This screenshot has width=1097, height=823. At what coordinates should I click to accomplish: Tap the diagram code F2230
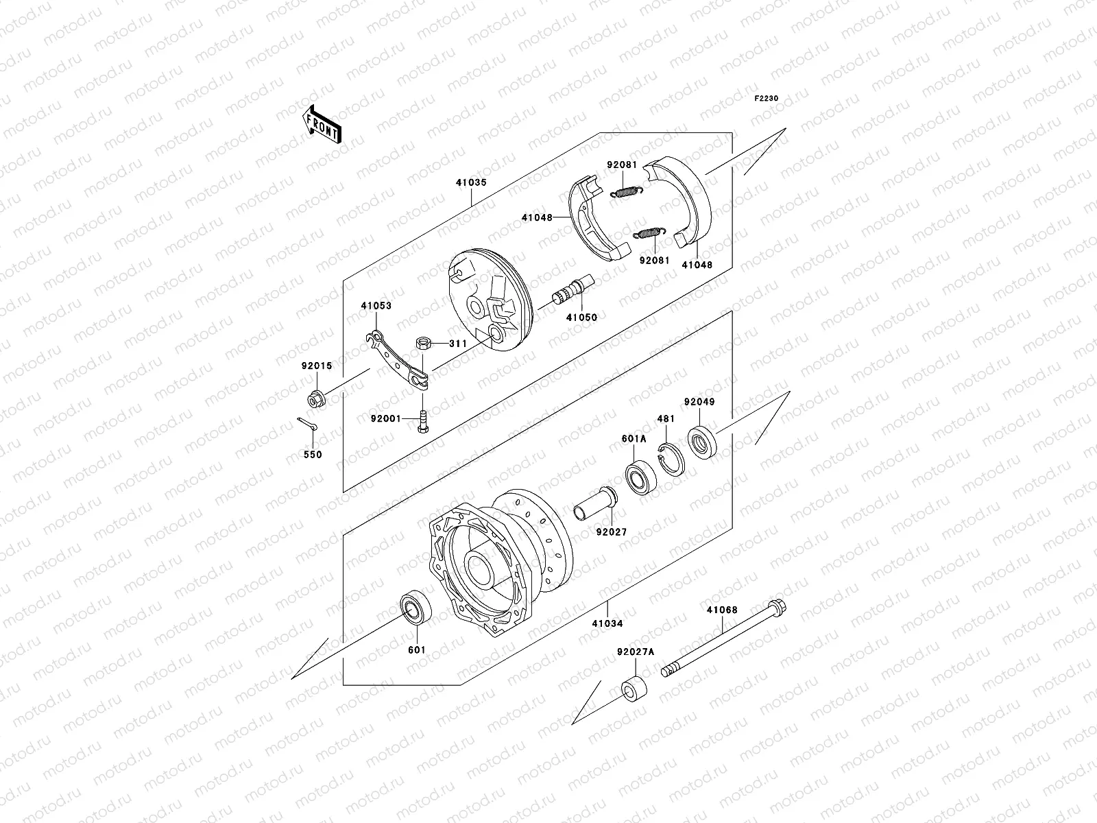(767, 99)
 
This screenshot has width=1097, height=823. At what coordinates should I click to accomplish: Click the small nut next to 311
(422, 343)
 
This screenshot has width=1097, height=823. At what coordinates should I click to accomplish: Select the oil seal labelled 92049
(703, 441)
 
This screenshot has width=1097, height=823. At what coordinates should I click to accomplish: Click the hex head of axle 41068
(778, 608)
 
